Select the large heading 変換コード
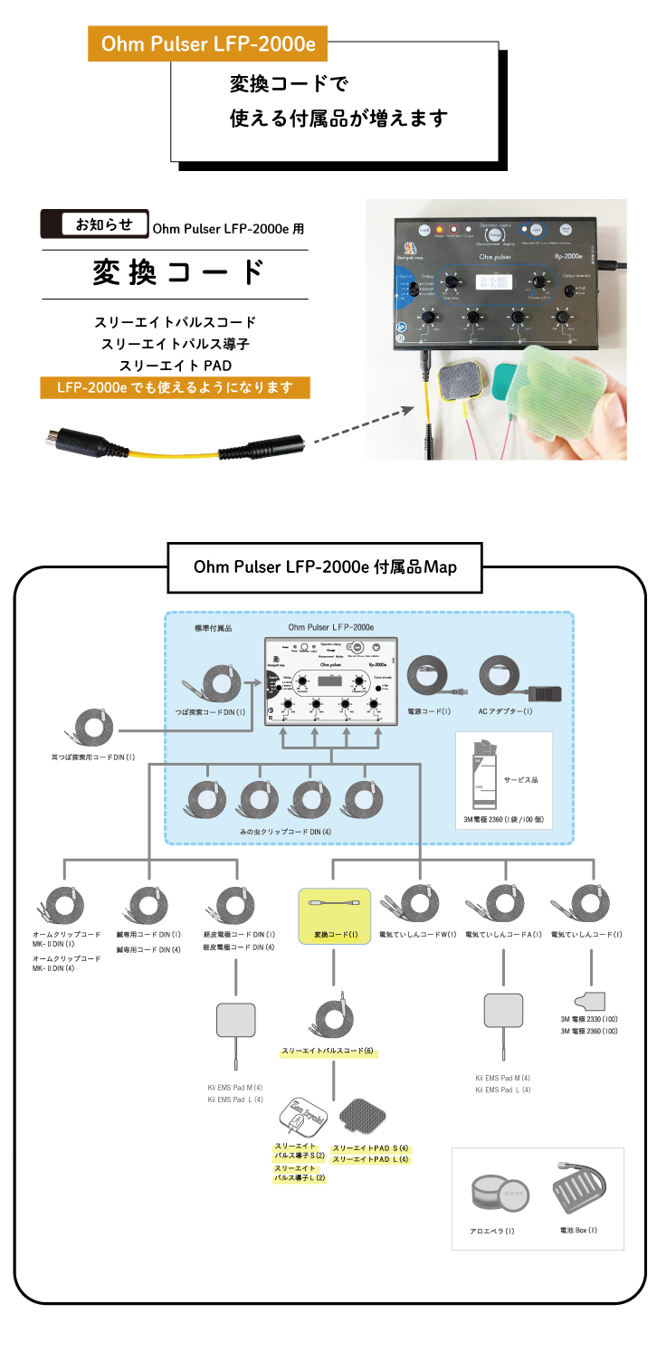point(178,272)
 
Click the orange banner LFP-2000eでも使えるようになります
point(175,388)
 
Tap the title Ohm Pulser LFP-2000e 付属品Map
point(325,566)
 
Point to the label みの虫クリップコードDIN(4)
point(285,831)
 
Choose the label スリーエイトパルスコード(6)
point(327,1052)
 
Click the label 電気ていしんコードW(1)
point(417,934)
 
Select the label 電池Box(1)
point(578,1230)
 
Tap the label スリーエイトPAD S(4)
point(370,1147)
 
